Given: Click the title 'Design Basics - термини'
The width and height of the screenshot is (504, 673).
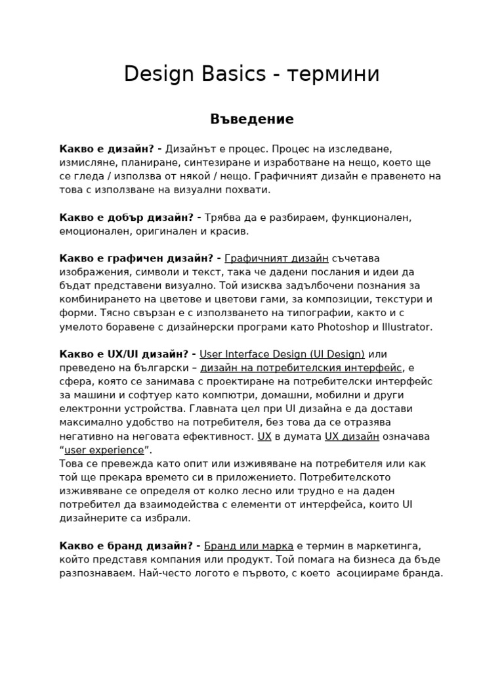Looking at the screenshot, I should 251,74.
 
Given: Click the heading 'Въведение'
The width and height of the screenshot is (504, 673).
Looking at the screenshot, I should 252,119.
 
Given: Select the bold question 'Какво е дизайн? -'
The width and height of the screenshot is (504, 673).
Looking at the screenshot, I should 111,149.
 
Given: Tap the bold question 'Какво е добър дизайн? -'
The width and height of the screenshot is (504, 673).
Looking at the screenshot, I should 130,217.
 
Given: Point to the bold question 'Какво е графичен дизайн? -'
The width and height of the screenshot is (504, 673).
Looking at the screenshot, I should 140,258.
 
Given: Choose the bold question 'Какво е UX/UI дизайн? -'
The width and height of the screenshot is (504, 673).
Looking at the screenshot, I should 127,354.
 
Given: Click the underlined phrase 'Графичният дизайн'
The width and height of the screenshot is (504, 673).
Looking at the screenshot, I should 276,258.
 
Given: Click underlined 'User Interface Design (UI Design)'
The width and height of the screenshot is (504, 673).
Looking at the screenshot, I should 282,354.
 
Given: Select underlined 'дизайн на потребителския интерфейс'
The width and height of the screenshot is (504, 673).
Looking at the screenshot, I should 302,367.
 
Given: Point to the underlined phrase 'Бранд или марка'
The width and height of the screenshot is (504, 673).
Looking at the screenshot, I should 249,545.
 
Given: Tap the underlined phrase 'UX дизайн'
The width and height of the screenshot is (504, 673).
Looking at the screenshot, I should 352,436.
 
